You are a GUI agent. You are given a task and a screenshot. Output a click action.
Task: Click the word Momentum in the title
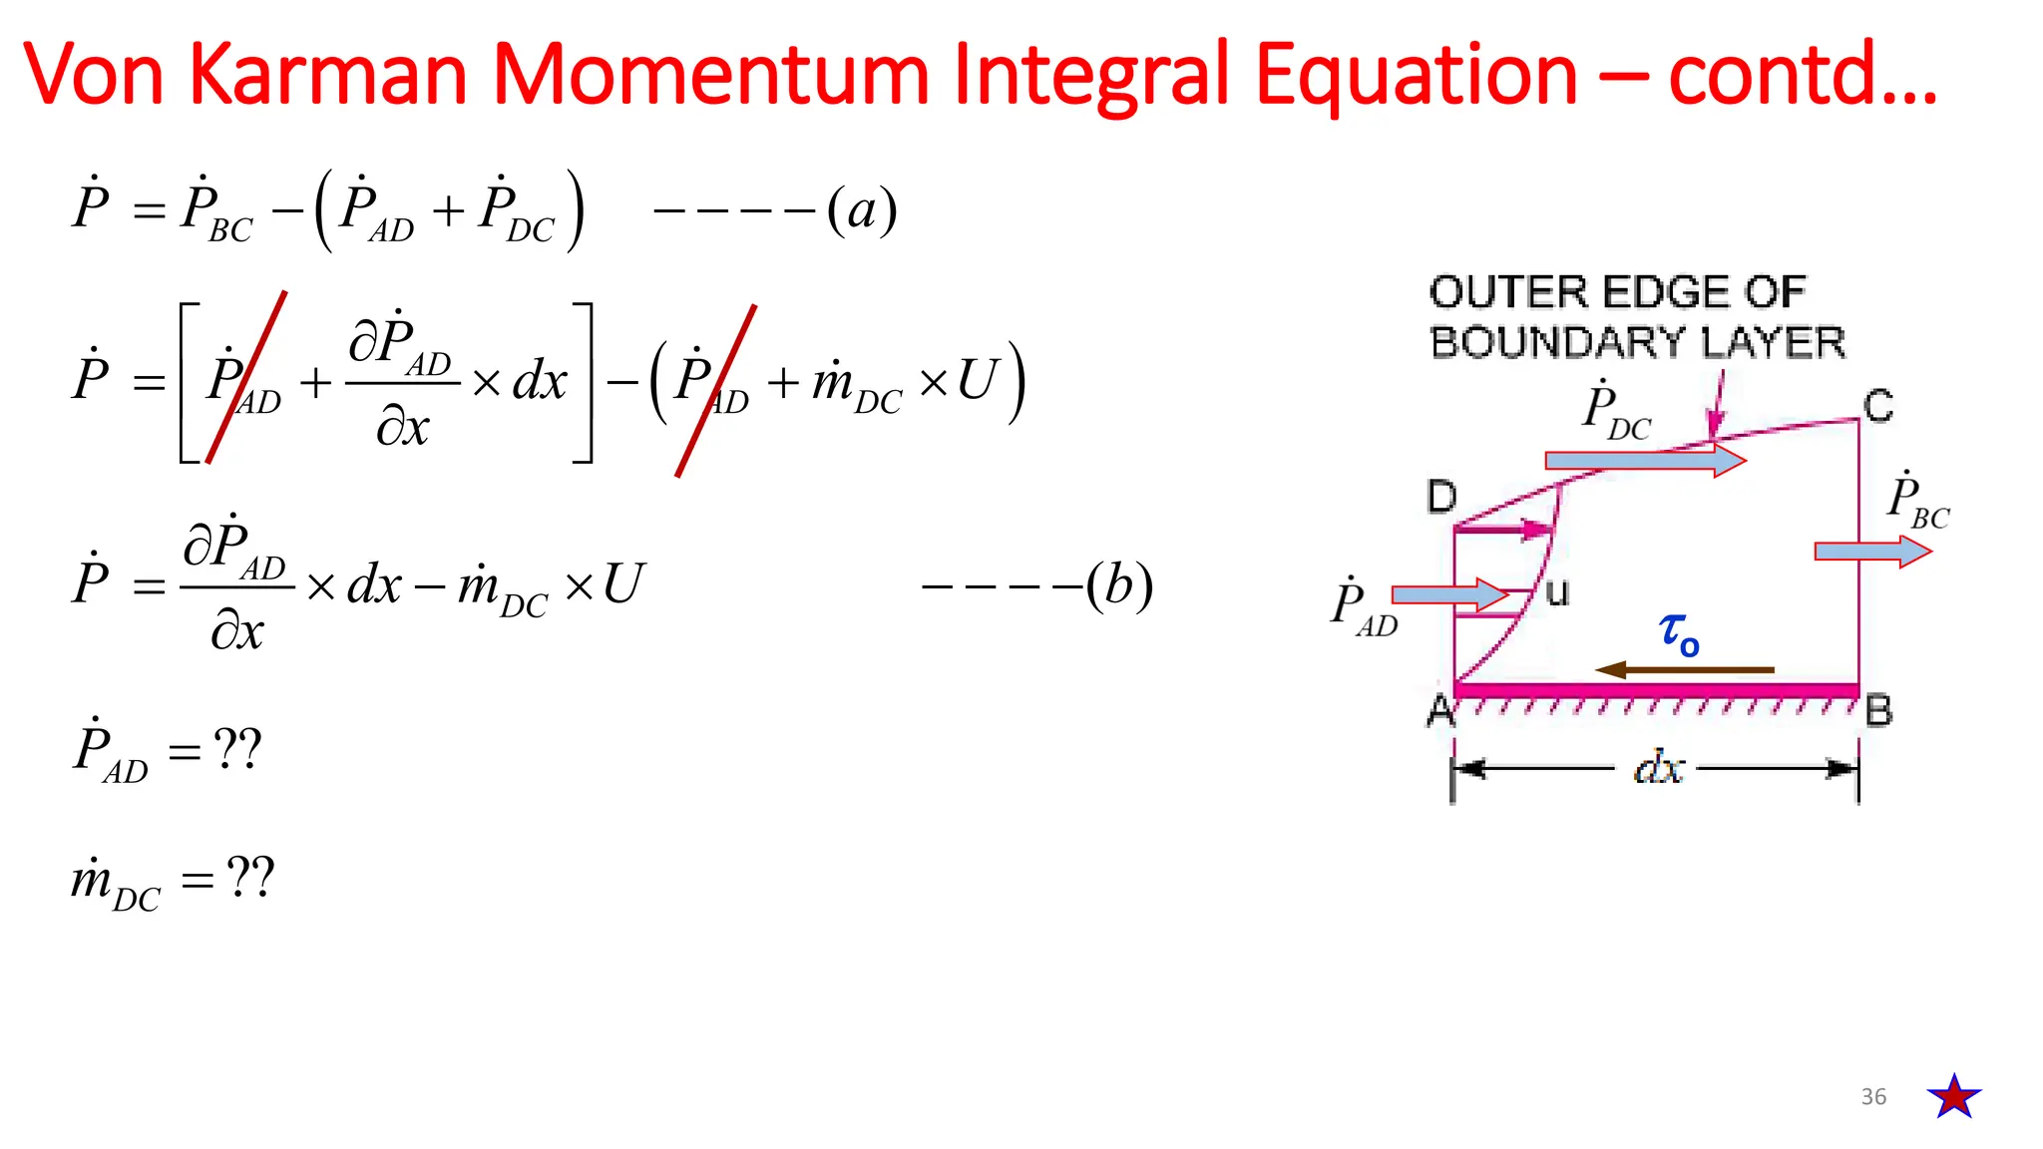710,75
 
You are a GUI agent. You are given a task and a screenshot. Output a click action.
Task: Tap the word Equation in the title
1416,75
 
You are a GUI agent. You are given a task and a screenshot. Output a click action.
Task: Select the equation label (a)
862,210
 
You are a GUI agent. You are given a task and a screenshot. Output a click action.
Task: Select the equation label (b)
1119,585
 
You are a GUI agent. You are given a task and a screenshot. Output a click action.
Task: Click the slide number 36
1873,1097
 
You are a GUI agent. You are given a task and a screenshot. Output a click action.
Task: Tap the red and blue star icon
1954,1096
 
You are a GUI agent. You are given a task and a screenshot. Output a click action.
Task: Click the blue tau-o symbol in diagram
1679,633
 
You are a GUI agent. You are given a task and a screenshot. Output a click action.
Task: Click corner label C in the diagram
1878,407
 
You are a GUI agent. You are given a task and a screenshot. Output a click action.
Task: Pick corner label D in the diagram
1441,496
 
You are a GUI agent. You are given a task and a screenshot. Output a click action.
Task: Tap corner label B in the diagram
1879,711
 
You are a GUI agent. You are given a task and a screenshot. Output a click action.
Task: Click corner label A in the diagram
1439,711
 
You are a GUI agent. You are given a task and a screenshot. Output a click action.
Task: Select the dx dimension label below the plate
1659,769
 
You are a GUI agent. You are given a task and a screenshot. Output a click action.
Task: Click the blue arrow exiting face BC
1871,552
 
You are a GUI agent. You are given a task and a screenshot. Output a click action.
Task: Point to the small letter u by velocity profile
1557,593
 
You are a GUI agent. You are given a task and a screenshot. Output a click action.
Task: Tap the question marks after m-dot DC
249,878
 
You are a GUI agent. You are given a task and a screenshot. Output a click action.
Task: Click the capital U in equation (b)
624,585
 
